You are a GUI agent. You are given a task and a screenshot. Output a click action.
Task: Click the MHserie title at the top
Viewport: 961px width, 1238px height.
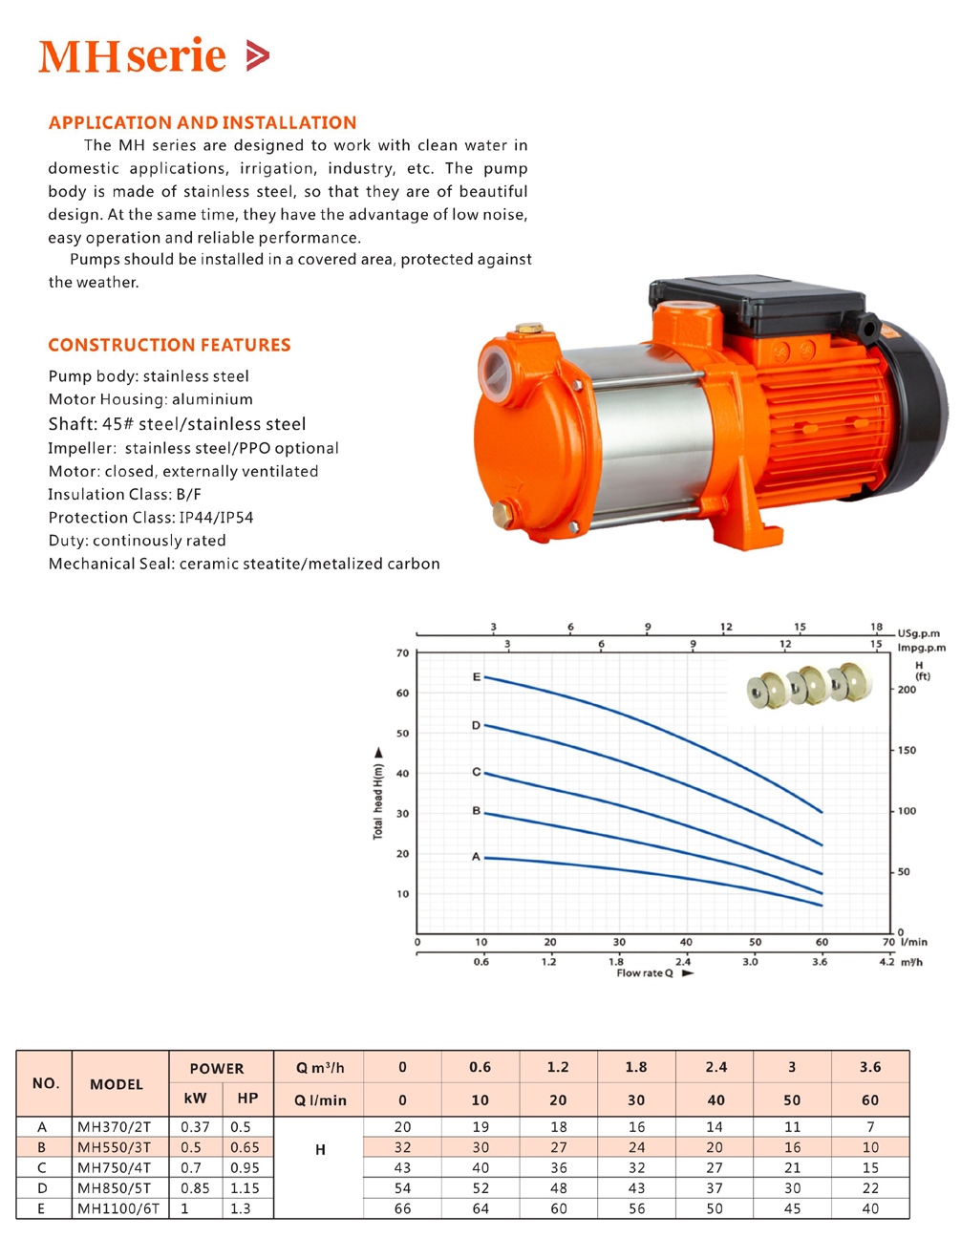click(x=153, y=56)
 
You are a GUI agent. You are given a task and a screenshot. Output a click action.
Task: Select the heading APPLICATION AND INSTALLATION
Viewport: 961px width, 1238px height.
click(x=203, y=122)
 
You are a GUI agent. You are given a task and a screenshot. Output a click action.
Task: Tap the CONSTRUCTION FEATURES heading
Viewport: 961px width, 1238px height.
click(x=169, y=345)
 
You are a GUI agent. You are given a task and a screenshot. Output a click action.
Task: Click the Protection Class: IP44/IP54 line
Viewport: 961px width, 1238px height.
click(x=151, y=518)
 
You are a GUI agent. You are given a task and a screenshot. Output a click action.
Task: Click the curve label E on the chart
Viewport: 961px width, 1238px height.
click(x=476, y=677)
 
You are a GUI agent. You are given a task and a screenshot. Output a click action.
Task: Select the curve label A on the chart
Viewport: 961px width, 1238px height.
click(x=476, y=857)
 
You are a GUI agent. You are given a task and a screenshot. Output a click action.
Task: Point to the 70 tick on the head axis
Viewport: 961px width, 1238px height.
click(x=402, y=653)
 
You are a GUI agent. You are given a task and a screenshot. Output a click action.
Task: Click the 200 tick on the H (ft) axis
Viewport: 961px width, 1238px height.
click(x=906, y=690)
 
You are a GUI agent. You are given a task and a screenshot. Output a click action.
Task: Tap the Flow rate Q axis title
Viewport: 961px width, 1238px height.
click(x=645, y=973)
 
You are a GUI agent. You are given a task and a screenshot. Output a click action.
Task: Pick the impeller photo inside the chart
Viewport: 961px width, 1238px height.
click(x=811, y=685)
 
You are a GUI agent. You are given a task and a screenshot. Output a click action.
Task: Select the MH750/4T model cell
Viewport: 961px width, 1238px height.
click(x=120, y=1168)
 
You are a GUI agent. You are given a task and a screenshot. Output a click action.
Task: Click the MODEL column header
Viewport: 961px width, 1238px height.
click(x=117, y=1084)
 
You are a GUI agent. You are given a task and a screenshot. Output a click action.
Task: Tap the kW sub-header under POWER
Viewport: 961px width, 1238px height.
click(x=195, y=1099)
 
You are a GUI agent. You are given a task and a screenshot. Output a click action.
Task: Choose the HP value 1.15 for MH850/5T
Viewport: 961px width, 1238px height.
click(x=245, y=1188)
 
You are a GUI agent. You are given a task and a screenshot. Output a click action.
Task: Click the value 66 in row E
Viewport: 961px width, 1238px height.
click(x=402, y=1208)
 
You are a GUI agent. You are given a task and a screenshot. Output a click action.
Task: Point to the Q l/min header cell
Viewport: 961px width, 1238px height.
click(x=320, y=1100)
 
